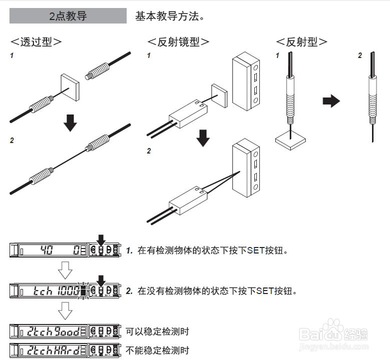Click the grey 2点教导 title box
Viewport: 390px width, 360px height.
pyautogui.click(x=68, y=16)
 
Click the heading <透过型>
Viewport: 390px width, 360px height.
pyautogui.click(x=37, y=42)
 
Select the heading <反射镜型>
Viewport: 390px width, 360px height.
pyautogui.click(x=178, y=42)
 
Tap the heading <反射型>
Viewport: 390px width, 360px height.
pyautogui.click(x=302, y=42)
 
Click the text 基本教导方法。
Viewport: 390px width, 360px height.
pyautogui.click(x=170, y=16)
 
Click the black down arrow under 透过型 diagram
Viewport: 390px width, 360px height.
pyautogui.click(x=71, y=122)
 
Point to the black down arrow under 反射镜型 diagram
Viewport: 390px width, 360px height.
pyautogui.click(x=203, y=137)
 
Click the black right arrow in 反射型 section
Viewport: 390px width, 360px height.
pyautogui.click(x=331, y=101)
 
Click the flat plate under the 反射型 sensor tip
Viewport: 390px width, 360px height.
pyautogui.click(x=290, y=139)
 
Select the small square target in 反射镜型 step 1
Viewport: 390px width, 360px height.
pyautogui.click(x=219, y=95)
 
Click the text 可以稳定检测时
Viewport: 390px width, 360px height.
pyautogui.click(x=157, y=331)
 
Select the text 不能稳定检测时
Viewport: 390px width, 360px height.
pyautogui.click(x=157, y=350)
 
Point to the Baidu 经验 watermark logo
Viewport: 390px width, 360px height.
pyautogui.click(x=336, y=333)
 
